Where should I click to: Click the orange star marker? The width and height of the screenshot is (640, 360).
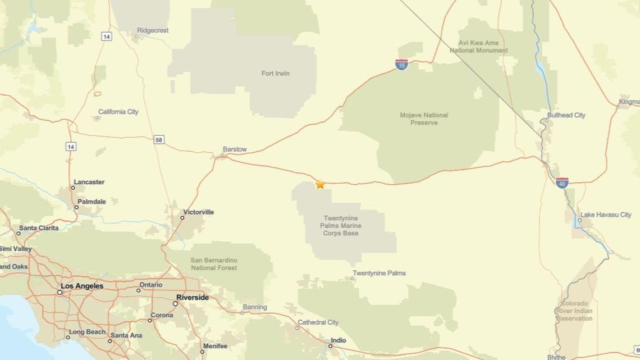320,184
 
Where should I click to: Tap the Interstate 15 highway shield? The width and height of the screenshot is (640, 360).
401,65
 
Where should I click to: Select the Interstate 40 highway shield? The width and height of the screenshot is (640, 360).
562,183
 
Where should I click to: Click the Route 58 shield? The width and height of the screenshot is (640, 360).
159,139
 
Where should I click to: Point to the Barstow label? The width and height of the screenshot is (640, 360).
235,149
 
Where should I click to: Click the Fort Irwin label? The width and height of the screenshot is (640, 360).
276,74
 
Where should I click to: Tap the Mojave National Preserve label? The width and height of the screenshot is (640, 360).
424,119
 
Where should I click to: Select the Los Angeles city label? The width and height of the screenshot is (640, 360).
82,286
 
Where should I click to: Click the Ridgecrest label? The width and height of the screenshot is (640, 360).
153,30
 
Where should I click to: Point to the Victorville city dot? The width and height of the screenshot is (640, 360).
183,218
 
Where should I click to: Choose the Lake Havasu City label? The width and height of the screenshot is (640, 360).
606,215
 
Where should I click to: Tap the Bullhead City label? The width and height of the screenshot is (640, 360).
566,115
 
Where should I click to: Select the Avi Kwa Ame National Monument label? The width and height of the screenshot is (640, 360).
478,47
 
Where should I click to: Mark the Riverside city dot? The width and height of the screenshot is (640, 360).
175,303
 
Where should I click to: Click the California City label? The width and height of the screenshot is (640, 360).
118,112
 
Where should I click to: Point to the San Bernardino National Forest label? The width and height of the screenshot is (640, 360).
214,264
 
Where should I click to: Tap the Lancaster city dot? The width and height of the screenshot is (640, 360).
73,188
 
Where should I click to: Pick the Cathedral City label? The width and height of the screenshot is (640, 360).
318,322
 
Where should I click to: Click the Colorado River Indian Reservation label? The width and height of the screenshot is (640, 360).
574,311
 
